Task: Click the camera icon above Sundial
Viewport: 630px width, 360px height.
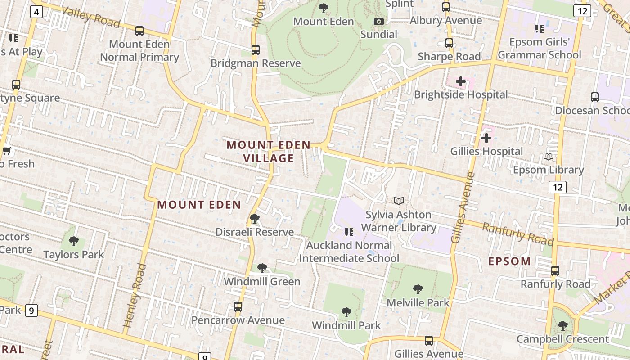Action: pyautogui.click(x=379, y=21)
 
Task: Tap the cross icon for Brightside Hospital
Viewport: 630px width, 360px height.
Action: pyautogui.click(x=461, y=81)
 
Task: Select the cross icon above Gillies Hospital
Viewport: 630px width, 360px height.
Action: pyautogui.click(x=486, y=138)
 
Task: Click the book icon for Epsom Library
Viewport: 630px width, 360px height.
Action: pyautogui.click(x=548, y=157)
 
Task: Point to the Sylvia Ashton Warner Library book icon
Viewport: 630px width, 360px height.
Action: pyautogui.click(x=399, y=201)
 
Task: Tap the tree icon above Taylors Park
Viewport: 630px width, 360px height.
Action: pyautogui.click(x=74, y=241)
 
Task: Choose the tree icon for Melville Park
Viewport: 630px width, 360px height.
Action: pyautogui.click(x=418, y=289)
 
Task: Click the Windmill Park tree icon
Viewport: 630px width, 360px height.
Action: pyautogui.click(x=346, y=312)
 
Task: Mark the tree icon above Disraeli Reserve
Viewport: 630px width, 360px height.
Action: pyautogui.click(x=254, y=219)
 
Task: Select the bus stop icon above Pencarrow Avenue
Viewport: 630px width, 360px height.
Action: pyautogui.click(x=238, y=307)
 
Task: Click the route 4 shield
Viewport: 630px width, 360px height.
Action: pyautogui.click(x=36, y=11)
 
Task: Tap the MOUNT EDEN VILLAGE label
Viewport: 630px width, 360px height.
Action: pyautogui.click(x=269, y=152)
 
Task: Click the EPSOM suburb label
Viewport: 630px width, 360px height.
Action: pyautogui.click(x=509, y=261)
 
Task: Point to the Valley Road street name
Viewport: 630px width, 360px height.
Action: pyautogui.click(x=90, y=17)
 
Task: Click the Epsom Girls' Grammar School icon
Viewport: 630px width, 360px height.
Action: pyautogui.click(x=539, y=29)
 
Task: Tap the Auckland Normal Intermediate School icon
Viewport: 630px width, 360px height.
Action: pyautogui.click(x=349, y=232)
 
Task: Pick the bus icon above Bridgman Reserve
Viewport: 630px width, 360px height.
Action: pyautogui.click(x=256, y=50)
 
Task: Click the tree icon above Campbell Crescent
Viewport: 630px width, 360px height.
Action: pyautogui.click(x=562, y=325)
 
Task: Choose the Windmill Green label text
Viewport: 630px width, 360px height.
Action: pyautogui.click(x=262, y=282)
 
